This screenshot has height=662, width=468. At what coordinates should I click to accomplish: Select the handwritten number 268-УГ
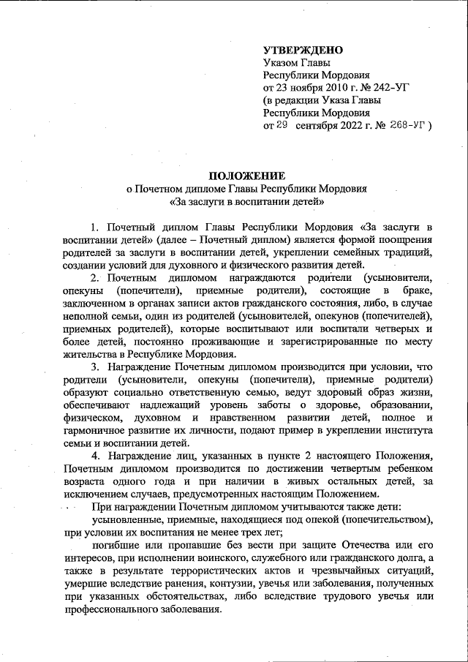408,126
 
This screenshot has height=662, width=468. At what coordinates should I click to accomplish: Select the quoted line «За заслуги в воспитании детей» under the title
246,201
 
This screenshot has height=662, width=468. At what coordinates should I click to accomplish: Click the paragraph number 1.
93,226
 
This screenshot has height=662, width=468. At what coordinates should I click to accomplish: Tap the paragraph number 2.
93,279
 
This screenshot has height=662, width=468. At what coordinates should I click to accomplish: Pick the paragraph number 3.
93,365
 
